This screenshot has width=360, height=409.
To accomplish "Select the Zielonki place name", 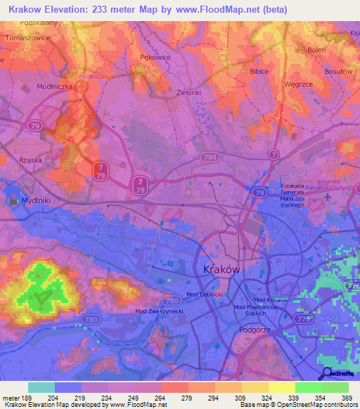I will pos(189,92).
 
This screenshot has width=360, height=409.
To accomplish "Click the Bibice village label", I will pos(261,71).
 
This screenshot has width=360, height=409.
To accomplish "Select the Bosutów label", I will pos(338,72).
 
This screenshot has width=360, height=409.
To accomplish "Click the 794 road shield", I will pos(207,157).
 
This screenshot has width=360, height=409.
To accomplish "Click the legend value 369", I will pos(346,398).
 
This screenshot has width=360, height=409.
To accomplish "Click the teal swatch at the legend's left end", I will pos(41,387).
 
